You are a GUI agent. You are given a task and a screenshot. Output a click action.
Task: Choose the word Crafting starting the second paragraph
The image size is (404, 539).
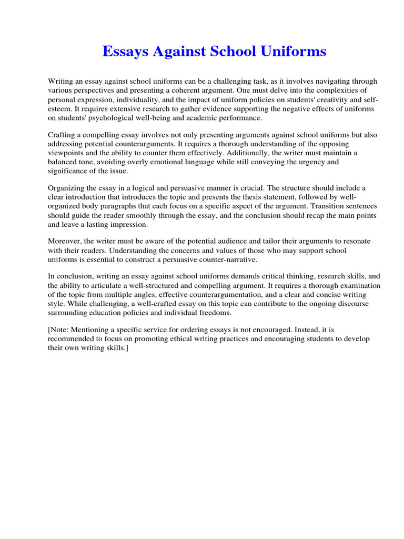(63, 135)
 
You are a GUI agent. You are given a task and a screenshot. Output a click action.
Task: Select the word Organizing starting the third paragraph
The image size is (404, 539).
(67, 188)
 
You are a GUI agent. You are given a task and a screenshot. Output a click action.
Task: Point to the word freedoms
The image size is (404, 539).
(215, 313)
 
